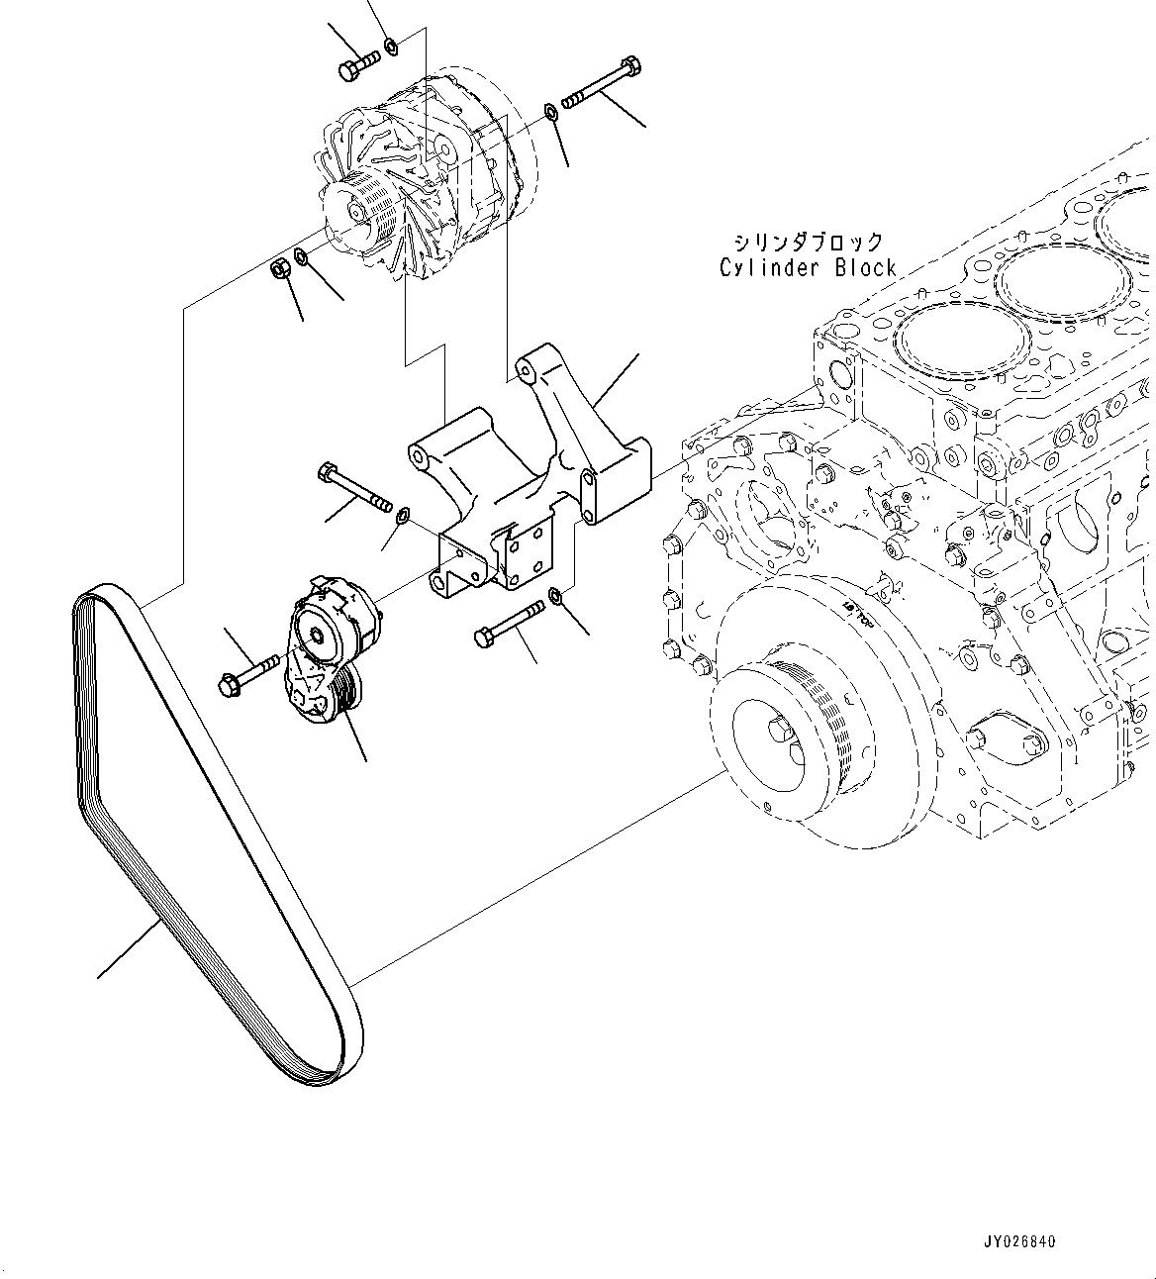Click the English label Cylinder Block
pos(808,267)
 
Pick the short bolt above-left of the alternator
pos(357,65)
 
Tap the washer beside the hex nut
pos(301,259)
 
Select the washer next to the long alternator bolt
pos(552,111)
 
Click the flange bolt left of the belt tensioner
pos(245,676)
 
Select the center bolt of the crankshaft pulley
pos(779,731)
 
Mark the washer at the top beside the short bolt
pos(391,45)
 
